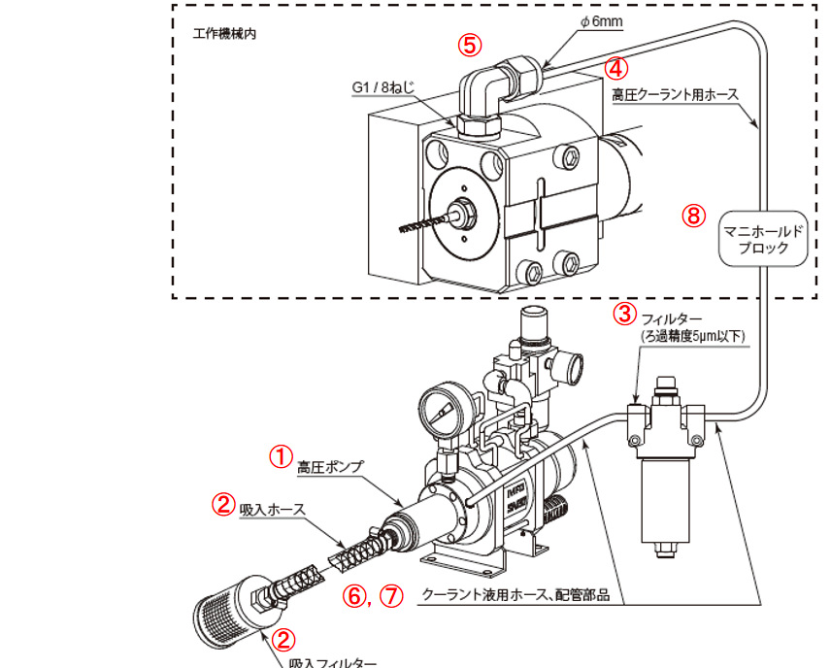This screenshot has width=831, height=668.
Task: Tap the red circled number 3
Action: pos(624,314)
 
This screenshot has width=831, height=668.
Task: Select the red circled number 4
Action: pos(617,68)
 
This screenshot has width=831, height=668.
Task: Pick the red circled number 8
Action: pos(693,217)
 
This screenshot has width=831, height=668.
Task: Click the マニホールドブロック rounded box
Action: pos(764,240)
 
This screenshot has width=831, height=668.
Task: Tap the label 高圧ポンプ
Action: pos(330,468)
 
